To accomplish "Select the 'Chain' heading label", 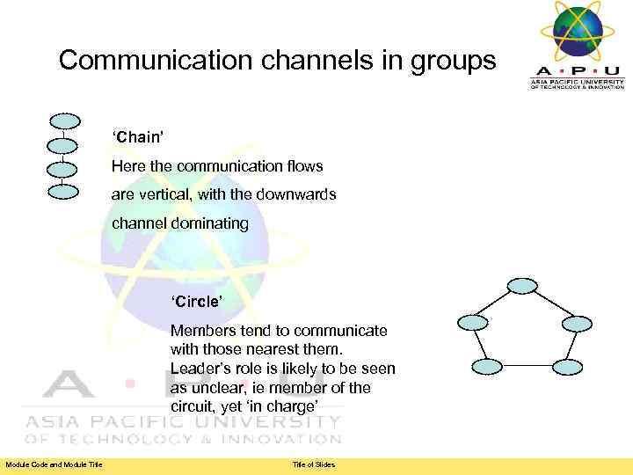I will [136, 137].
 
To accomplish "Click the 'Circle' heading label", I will [197, 303].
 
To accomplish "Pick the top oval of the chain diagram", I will [64, 121].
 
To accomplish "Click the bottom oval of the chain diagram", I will [63, 189].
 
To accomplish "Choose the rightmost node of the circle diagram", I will [577, 323].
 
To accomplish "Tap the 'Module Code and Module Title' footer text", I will [54, 464].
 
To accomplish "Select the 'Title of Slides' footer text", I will [314, 464].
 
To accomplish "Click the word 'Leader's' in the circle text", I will [201, 369].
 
